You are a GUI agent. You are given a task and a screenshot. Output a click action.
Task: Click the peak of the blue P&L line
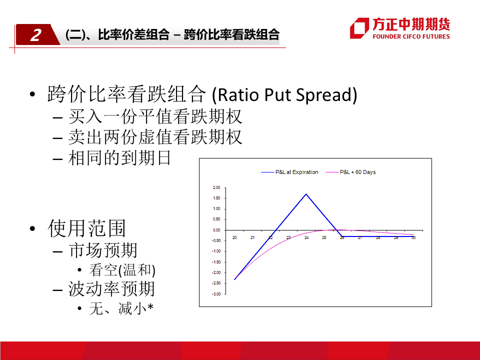pyautogui.click(x=306, y=194)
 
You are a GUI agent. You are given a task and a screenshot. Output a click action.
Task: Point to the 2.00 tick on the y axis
pyautogui.click(x=216, y=187)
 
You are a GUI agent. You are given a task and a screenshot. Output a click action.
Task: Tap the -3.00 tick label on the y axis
pyautogui.click(x=216, y=294)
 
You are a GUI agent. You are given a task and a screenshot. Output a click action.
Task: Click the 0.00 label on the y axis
pyautogui.click(x=216, y=230)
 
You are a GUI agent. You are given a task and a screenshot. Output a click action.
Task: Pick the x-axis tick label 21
pyautogui.click(x=252, y=237)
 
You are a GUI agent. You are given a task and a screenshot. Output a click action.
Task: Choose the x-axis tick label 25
pyautogui.click(x=324, y=237)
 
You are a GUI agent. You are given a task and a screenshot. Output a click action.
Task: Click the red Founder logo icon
pyautogui.click(x=359, y=28)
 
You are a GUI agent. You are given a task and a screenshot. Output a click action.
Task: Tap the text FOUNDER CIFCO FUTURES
pyautogui.click(x=411, y=36)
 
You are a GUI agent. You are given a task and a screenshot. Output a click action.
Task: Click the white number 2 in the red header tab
pyautogui.click(x=36, y=35)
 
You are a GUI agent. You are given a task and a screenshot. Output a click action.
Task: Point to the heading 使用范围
pyautogui.click(x=86, y=228)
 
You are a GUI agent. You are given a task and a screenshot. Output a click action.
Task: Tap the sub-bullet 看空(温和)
pyautogui.click(x=122, y=270)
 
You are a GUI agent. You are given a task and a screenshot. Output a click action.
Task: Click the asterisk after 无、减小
pyautogui.click(x=150, y=306)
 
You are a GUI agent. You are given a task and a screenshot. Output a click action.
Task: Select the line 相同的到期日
pyautogui.click(x=119, y=158)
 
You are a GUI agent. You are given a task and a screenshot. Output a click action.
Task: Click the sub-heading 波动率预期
pyautogui.click(x=111, y=288)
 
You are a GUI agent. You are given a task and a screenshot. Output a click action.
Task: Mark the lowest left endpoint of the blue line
pyautogui.click(x=234, y=279)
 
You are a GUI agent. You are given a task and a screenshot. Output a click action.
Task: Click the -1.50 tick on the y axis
pyautogui.click(x=216, y=262)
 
